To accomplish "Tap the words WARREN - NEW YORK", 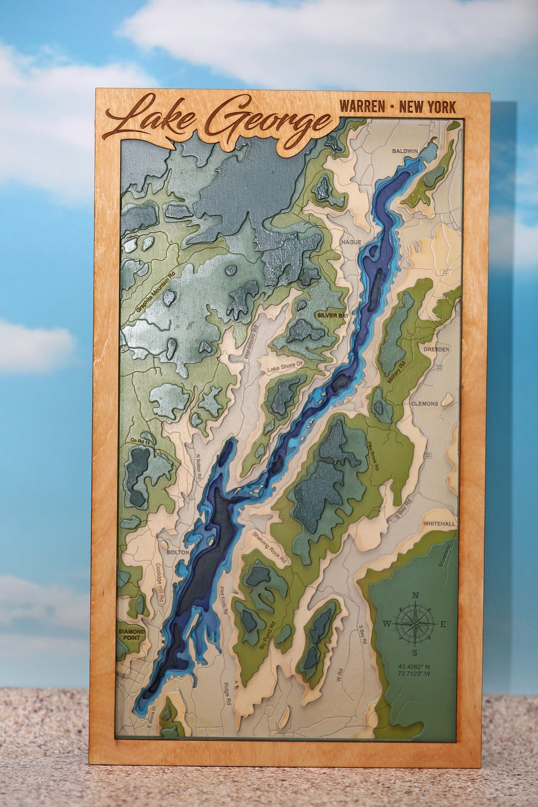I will point(397,107).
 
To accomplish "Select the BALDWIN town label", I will point(405,150).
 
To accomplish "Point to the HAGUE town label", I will point(351,242).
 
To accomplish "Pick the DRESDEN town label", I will point(436,349).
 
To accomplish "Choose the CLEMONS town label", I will point(424,403).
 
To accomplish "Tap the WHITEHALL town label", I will point(439,524).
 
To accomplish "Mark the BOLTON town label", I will point(178,552).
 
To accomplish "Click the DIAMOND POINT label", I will point(132,635).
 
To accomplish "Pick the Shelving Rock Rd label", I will point(269,547).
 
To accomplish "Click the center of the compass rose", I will point(415,624).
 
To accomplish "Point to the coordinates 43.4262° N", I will point(414,666).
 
